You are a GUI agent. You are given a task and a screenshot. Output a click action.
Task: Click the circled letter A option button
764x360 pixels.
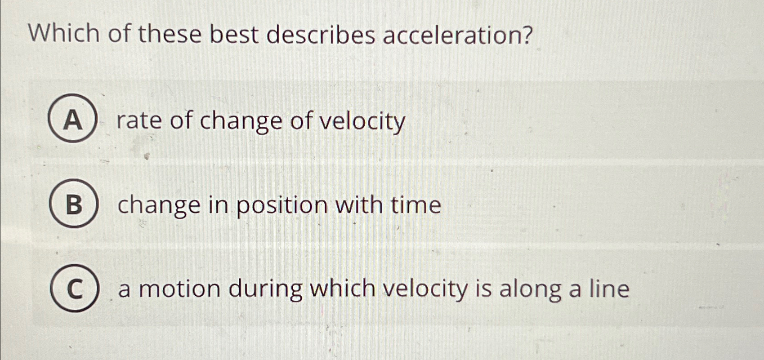[x=72, y=119]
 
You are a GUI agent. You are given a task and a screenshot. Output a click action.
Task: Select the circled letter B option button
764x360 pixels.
[x=73, y=204]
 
